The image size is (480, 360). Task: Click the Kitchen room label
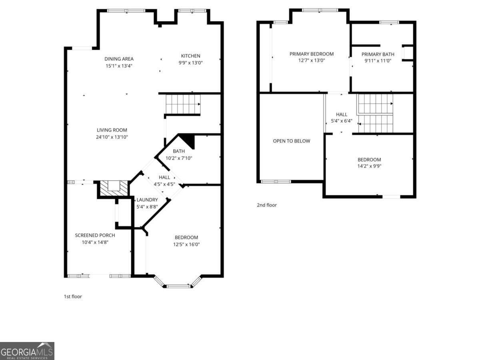click(x=190, y=56)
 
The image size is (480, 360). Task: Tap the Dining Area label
click(x=119, y=59)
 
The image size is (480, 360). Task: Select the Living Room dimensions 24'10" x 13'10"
click(x=112, y=137)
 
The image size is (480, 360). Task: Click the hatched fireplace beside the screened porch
click(x=114, y=188)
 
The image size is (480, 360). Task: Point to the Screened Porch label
click(x=95, y=235)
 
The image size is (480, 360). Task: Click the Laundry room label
click(x=147, y=200)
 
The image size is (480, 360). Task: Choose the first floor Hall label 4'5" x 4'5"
click(x=164, y=184)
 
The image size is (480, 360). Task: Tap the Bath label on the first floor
click(x=179, y=151)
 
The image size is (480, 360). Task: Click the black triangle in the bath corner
click(x=188, y=140)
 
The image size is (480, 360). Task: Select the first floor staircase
click(x=182, y=104)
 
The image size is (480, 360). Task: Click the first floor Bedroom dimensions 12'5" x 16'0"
click(x=186, y=244)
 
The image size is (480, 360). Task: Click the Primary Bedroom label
click(x=311, y=54)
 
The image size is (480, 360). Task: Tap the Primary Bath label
click(x=378, y=54)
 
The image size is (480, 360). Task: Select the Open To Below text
click(x=291, y=141)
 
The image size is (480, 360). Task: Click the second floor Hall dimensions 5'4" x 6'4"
click(x=341, y=121)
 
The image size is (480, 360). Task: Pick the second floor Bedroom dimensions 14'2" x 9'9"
click(x=369, y=166)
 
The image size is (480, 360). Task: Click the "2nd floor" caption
click(x=266, y=205)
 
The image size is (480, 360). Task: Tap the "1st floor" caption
click(x=73, y=296)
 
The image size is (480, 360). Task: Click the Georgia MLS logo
click(x=27, y=351)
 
